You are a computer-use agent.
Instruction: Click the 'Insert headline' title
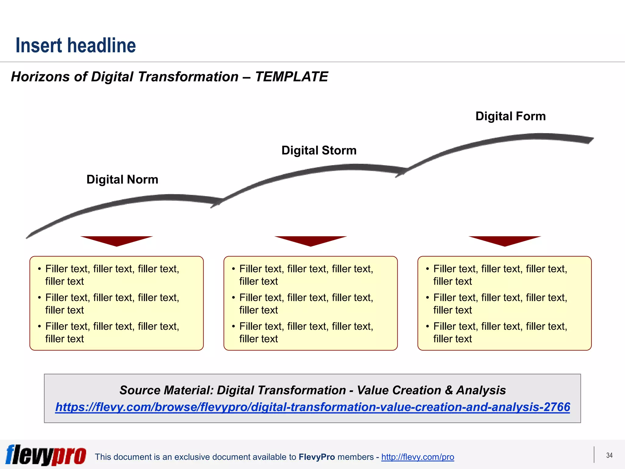point(76,45)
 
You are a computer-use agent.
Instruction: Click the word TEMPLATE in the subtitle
point(291,77)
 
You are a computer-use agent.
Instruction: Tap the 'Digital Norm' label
point(122,180)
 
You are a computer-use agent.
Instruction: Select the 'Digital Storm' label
point(319,151)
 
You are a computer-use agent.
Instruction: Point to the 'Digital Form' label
point(511,116)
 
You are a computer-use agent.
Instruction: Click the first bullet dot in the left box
point(39,269)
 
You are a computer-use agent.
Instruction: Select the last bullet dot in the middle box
point(233,326)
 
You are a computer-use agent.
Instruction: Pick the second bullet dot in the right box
point(428,298)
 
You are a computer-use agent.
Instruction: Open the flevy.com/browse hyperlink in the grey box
point(312,407)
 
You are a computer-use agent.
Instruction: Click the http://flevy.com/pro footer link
point(417,457)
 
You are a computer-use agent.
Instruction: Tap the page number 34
point(609,455)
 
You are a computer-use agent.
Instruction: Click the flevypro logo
point(46,455)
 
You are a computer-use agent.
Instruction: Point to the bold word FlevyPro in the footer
point(317,457)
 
